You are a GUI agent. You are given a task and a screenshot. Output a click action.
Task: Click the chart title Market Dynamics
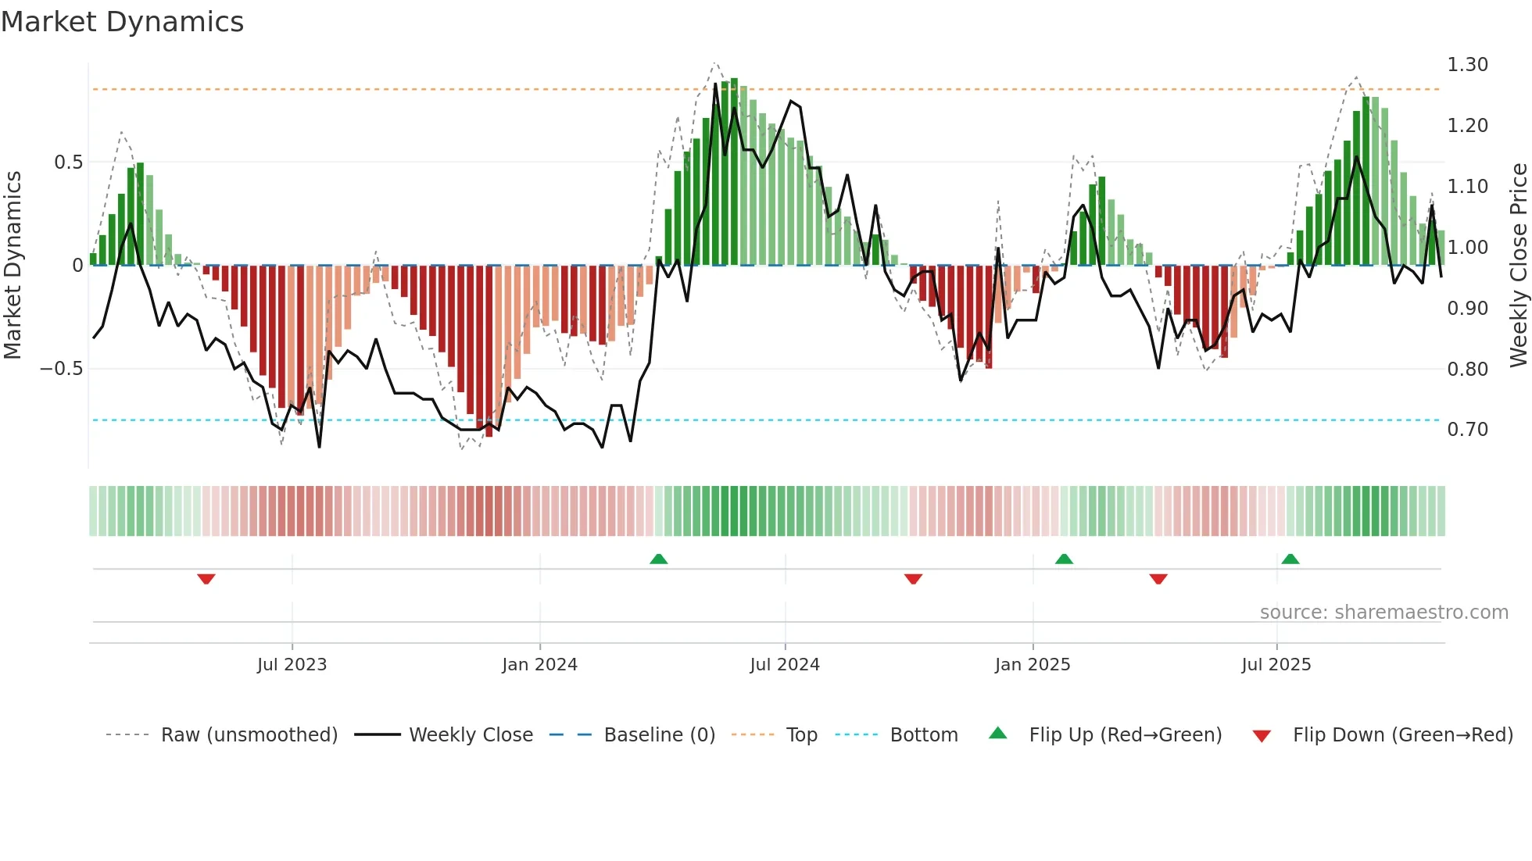pyautogui.click(x=122, y=22)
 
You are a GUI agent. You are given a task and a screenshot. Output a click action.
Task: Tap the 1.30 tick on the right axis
pyautogui.click(x=1467, y=65)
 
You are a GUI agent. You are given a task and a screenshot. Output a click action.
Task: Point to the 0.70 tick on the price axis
pyautogui.click(x=1467, y=429)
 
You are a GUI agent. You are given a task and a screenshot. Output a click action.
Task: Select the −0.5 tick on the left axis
pyautogui.click(x=61, y=368)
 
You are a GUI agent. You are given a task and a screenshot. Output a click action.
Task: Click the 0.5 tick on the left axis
pyautogui.click(x=68, y=162)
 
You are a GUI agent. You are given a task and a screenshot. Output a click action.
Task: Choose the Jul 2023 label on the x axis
pyautogui.click(x=292, y=665)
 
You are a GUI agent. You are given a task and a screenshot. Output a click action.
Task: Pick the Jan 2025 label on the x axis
pyautogui.click(x=1032, y=665)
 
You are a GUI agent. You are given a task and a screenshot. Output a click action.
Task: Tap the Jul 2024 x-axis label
pyautogui.click(x=784, y=665)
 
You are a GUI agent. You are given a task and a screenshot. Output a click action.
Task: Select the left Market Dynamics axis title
pyautogui.click(x=13, y=265)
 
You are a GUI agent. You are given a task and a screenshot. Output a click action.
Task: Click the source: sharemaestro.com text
pyautogui.click(x=1383, y=612)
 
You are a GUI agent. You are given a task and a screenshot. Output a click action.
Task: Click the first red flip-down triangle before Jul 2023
pyautogui.click(x=206, y=578)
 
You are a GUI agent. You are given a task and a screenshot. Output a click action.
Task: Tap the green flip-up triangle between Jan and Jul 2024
pyautogui.click(x=659, y=559)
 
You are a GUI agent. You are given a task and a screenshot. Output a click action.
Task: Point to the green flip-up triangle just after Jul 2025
pyautogui.click(x=1290, y=559)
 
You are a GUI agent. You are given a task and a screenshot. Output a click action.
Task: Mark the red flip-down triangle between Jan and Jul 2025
pyautogui.click(x=1158, y=578)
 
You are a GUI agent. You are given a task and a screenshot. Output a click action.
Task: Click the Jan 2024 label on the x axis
pyautogui.click(x=539, y=665)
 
